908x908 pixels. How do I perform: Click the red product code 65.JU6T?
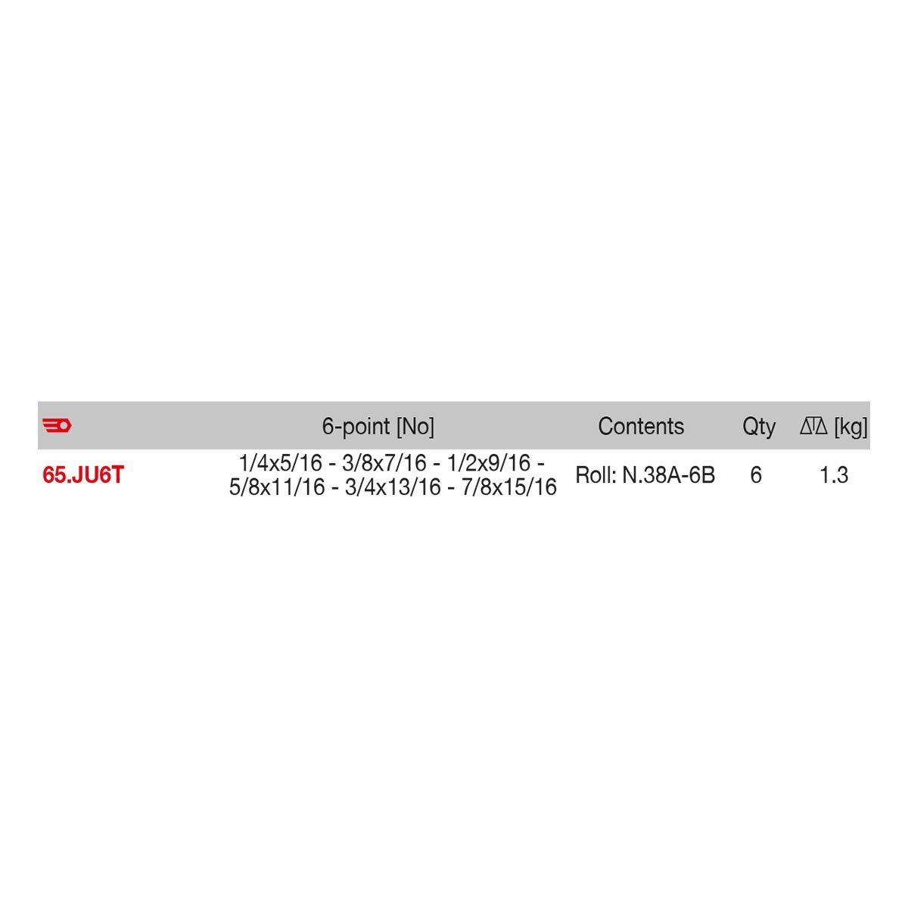83,476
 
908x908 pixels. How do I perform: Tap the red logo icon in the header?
56,426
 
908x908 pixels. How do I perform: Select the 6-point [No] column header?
378,427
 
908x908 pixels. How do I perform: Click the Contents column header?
640,427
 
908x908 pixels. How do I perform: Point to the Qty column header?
758,427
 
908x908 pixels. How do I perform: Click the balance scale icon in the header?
814,427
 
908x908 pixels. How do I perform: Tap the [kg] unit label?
850,428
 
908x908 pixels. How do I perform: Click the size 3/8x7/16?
384,463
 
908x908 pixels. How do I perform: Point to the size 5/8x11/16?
276,487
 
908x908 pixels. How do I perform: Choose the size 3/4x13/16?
392,487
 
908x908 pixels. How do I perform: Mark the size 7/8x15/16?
508,487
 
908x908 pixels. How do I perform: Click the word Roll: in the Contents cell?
595,476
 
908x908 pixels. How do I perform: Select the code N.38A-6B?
668,476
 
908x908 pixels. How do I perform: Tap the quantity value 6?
755,476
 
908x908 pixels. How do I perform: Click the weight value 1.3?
833,476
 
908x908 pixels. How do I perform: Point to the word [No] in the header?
415,427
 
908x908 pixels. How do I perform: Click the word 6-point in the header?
356,427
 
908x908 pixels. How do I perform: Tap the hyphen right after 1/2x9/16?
540,464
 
